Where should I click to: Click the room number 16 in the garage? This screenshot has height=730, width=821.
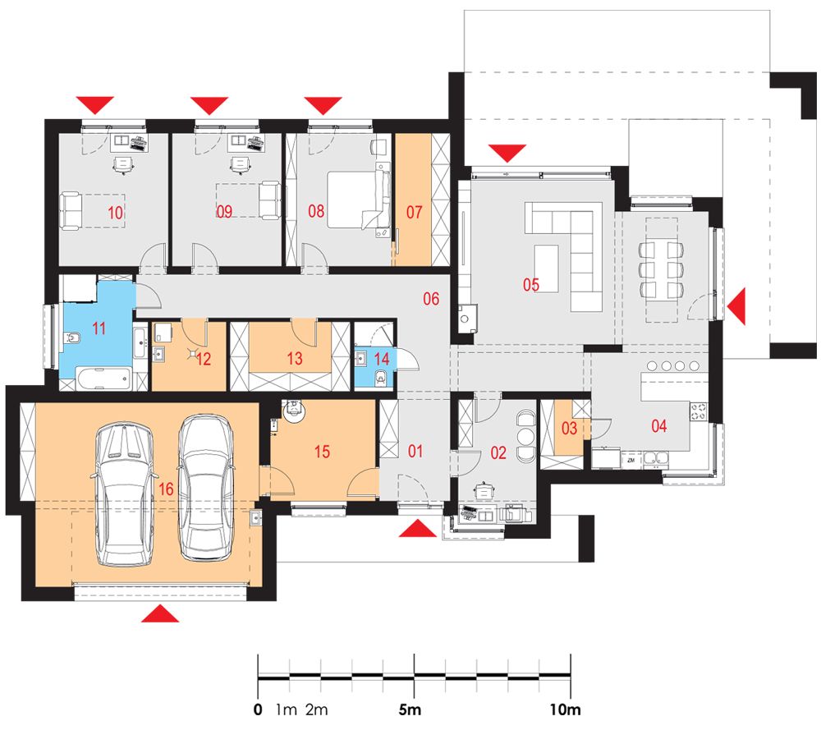(x=166, y=489)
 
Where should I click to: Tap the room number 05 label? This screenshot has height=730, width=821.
(x=531, y=285)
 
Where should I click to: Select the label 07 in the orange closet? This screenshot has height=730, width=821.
(x=414, y=212)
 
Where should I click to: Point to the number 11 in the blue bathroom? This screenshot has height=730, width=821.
(x=99, y=328)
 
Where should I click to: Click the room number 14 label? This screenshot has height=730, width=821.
(x=382, y=359)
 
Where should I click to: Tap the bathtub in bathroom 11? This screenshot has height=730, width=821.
(x=103, y=378)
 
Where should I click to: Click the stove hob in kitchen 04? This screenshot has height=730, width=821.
(x=699, y=411)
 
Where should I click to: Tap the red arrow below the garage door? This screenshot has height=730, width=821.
(x=160, y=613)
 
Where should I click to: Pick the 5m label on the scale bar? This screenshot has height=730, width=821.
(x=410, y=709)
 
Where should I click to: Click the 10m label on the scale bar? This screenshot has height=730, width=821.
(x=565, y=709)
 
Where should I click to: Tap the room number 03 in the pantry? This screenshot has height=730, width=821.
(x=569, y=429)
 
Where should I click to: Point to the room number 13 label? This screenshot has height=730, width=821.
(x=295, y=359)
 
